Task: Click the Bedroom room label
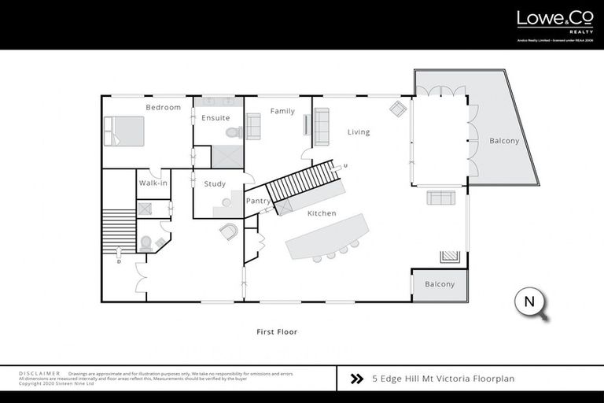tap(163, 107)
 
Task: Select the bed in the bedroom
tap(123, 131)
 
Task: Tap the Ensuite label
tap(215, 118)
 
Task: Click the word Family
tap(282, 111)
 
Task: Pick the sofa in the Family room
tap(253, 126)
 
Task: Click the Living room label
tap(359, 132)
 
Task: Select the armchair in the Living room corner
tap(399, 109)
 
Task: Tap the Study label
tap(215, 184)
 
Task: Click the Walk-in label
tap(153, 183)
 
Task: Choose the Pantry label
tap(259, 201)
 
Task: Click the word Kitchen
tap(322, 213)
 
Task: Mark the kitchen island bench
tap(327, 237)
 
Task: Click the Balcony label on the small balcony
tap(440, 284)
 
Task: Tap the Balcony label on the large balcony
tap(504, 141)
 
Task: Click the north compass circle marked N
tap(529, 302)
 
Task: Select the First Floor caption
tap(277, 332)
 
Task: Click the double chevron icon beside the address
tap(356, 379)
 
